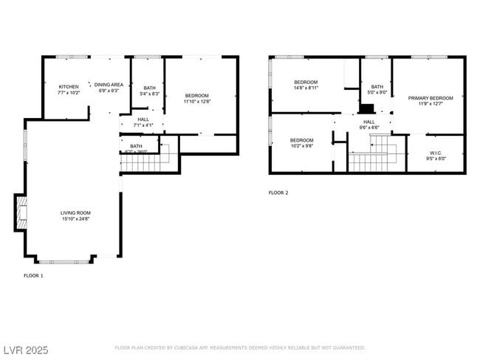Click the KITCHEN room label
(68, 86)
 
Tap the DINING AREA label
(107, 84)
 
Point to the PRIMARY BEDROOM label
(430, 98)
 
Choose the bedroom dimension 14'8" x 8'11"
(305, 88)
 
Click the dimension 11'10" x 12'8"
(197, 102)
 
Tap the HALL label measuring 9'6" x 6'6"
(368, 122)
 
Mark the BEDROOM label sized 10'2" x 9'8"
(301, 140)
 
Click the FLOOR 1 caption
(34, 275)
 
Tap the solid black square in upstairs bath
(367, 108)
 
